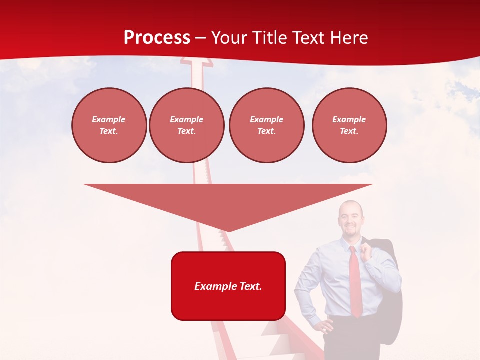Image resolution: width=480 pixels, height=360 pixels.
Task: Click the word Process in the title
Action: point(157,38)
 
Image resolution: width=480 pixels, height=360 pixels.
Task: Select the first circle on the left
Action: point(109,125)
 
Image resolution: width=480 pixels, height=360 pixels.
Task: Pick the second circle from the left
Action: point(186,125)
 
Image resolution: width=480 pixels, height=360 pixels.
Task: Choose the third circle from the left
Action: point(266,125)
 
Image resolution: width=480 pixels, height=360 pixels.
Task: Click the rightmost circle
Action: point(349,125)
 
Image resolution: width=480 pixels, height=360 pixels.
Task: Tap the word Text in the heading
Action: point(308,38)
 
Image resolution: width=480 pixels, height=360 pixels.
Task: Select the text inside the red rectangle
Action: point(228,286)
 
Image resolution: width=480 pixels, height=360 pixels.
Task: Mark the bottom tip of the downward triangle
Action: point(228,231)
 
